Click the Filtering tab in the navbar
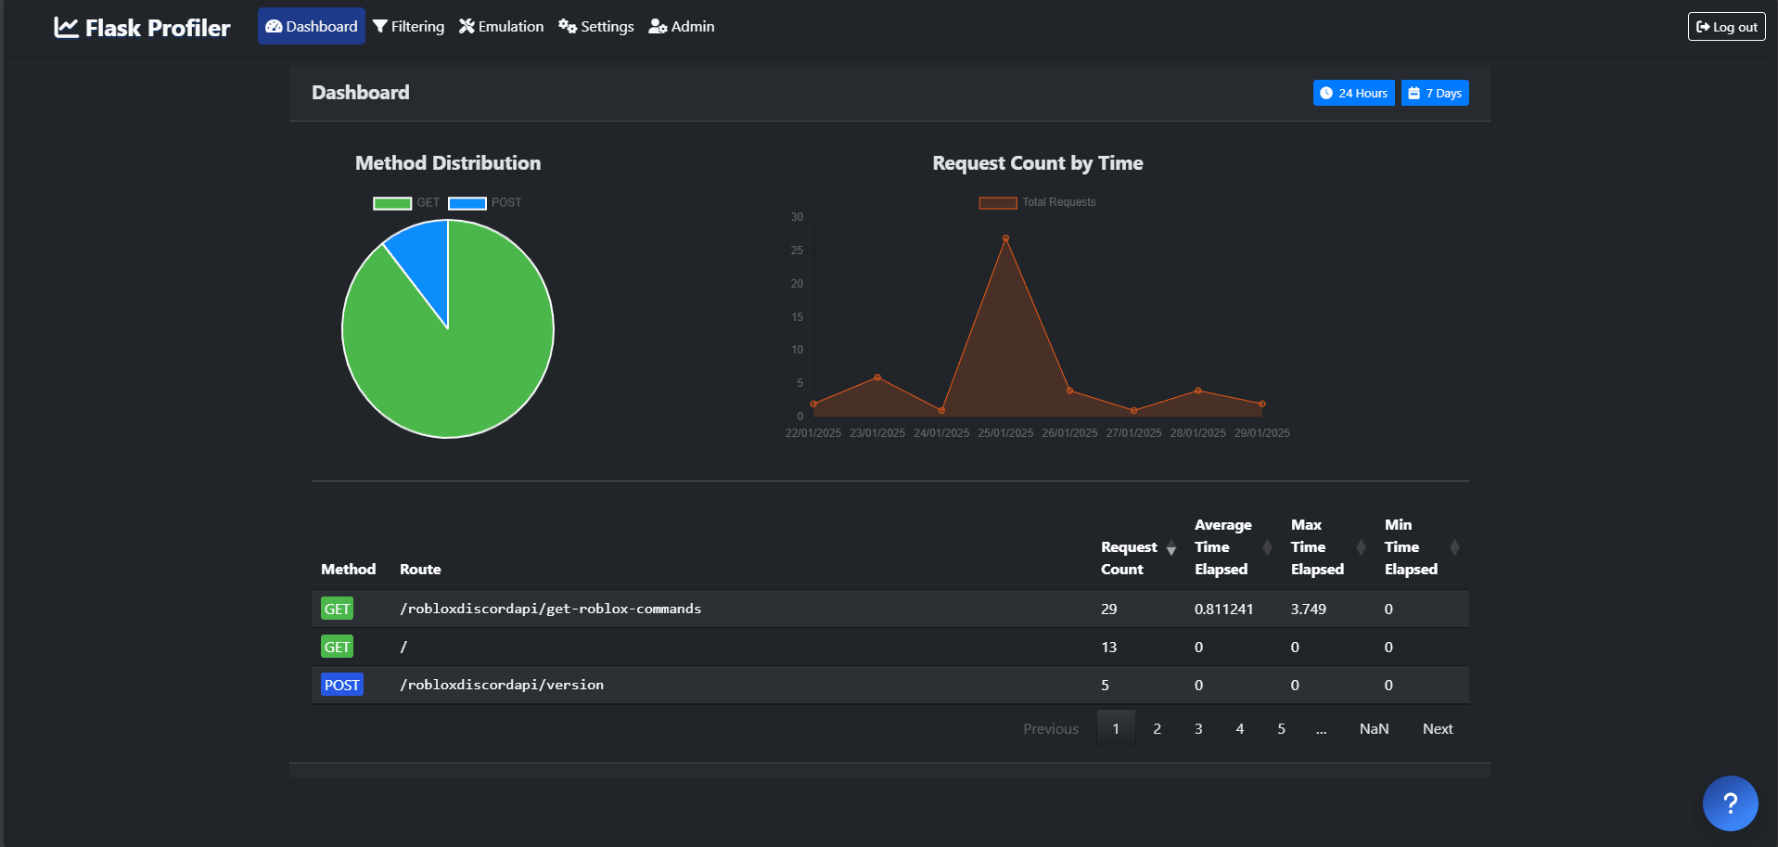coord(408,27)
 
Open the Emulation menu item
coord(501,27)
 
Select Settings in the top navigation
coord(596,27)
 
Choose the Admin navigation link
coord(682,27)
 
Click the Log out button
coord(1726,27)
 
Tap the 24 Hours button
coord(1353,93)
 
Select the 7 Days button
coord(1435,93)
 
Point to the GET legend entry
coord(406,203)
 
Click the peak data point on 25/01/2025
coord(1005,238)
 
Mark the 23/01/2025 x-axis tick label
coord(877,433)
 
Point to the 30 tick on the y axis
coord(797,217)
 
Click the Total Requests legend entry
coord(1037,202)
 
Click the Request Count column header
coord(1129,558)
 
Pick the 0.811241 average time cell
coord(1223,610)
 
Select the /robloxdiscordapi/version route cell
coord(502,685)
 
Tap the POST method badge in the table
coord(341,685)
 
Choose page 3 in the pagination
coord(1198,729)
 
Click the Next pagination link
coord(1438,729)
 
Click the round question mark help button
coord(1730,803)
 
